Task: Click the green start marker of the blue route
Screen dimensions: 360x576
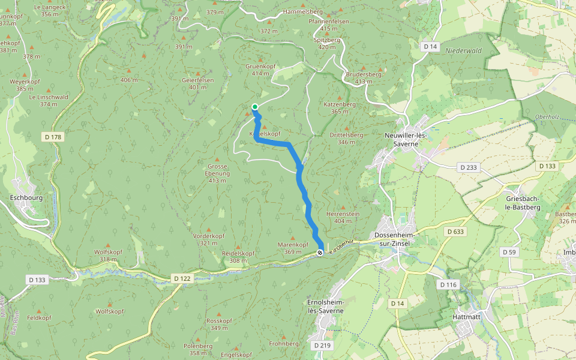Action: click(255, 107)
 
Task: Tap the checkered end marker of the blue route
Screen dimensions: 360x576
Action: click(320, 253)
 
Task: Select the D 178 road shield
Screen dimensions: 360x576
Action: click(53, 137)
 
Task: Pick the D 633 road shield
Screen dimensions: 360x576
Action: click(455, 231)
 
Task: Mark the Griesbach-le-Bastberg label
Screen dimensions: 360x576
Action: click(523, 202)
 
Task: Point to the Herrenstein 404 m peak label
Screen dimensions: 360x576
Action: click(343, 217)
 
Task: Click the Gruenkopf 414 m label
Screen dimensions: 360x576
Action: click(260, 70)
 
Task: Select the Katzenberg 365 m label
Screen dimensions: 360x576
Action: click(340, 107)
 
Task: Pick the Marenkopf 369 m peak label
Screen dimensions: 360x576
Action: click(293, 248)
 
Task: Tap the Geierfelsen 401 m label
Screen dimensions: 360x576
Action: click(197, 83)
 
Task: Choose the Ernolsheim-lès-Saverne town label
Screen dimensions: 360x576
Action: click(322, 306)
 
